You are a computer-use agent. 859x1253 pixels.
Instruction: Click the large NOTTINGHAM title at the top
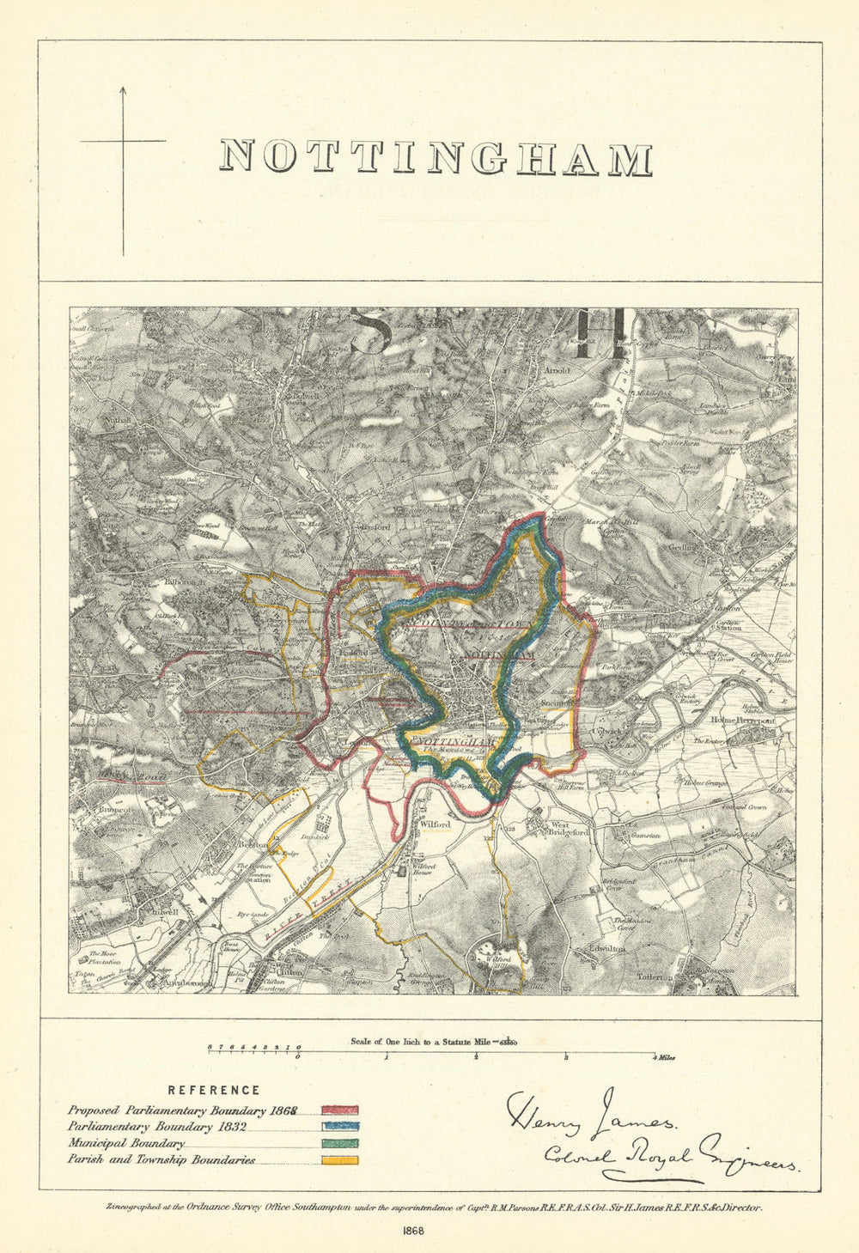tap(436, 159)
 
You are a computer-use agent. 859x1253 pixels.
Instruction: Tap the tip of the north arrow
tap(123, 87)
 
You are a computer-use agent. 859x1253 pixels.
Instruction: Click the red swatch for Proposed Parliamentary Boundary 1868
tap(340, 1110)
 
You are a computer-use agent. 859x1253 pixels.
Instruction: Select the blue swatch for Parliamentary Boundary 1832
tap(340, 1127)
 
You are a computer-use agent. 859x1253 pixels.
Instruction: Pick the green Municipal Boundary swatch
tap(340, 1144)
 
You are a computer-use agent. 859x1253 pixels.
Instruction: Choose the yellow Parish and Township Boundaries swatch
tap(340, 1160)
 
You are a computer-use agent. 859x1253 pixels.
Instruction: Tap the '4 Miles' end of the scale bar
tap(662, 1058)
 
